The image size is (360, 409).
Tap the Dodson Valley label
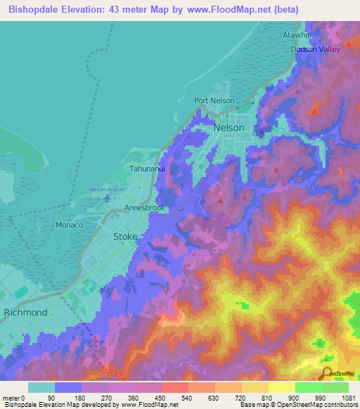(315, 49)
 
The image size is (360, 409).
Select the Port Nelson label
(214, 100)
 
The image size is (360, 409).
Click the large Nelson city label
(229, 128)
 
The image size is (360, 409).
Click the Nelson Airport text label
(107, 189)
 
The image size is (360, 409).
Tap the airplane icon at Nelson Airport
(107, 197)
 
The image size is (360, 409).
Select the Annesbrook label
(144, 209)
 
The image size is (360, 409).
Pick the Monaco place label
(70, 225)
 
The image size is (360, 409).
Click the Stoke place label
(125, 238)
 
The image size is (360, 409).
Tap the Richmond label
(25, 312)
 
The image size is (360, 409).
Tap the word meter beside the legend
(11, 397)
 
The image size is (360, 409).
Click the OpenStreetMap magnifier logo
(327, 375)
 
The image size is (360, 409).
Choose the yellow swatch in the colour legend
(281, 387)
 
